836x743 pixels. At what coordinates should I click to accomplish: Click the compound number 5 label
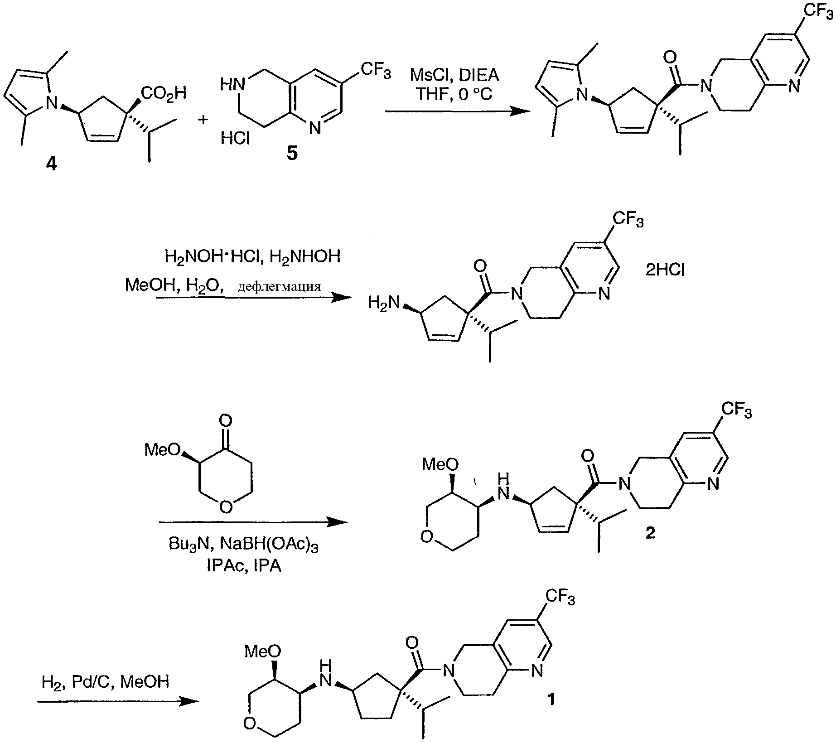(292, 154)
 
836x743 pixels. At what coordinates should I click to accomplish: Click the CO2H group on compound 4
(164, 94)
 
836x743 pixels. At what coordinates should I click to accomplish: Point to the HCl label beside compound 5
(236, 138)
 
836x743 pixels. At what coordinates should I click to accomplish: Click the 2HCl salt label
(665, 270)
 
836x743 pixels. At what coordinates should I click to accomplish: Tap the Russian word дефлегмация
(279, 286)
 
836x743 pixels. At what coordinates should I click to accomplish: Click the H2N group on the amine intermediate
(385, 303)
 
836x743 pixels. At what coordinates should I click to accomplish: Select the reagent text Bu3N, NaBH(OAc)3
(243, 545)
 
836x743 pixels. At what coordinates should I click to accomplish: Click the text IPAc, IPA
(244, 566)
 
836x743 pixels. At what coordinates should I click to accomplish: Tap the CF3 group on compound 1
(560, 597)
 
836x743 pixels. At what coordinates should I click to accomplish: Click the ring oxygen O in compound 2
(426, 537)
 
